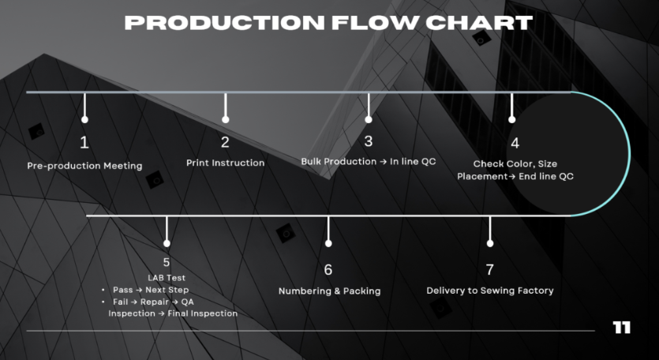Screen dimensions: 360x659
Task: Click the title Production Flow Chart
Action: (x=328, y=22)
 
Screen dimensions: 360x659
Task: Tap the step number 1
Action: (x=84, y=143)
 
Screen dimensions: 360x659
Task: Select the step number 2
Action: (x=225, y=143)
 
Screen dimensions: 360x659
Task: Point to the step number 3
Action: (x=369, y=142)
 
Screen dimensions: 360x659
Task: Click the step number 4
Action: (x=515, y=143)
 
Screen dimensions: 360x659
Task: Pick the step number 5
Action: (x=166, y=262)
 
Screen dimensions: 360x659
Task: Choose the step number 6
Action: (x=328, y=269)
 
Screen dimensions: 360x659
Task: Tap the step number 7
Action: (x=489, y=269)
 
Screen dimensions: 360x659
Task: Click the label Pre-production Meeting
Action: (x=84, y=167)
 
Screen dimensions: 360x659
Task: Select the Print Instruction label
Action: (x=225, y=163)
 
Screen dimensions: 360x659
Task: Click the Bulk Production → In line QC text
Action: (x=369, y=162)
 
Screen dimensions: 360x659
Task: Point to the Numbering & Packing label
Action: (x=329, y=291)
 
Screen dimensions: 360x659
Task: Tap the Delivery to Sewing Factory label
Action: (x=490, y=291)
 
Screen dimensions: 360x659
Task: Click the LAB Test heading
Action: (x=166, y=278)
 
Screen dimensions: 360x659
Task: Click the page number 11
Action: (x=622, y=327)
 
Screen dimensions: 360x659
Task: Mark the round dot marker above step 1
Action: (x=84, y=120)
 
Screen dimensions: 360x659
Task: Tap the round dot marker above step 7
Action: (x=490, y=242)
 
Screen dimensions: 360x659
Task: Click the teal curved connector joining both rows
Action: (x=629, y=153)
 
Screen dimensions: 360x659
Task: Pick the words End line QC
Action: (x=546, y=177)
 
